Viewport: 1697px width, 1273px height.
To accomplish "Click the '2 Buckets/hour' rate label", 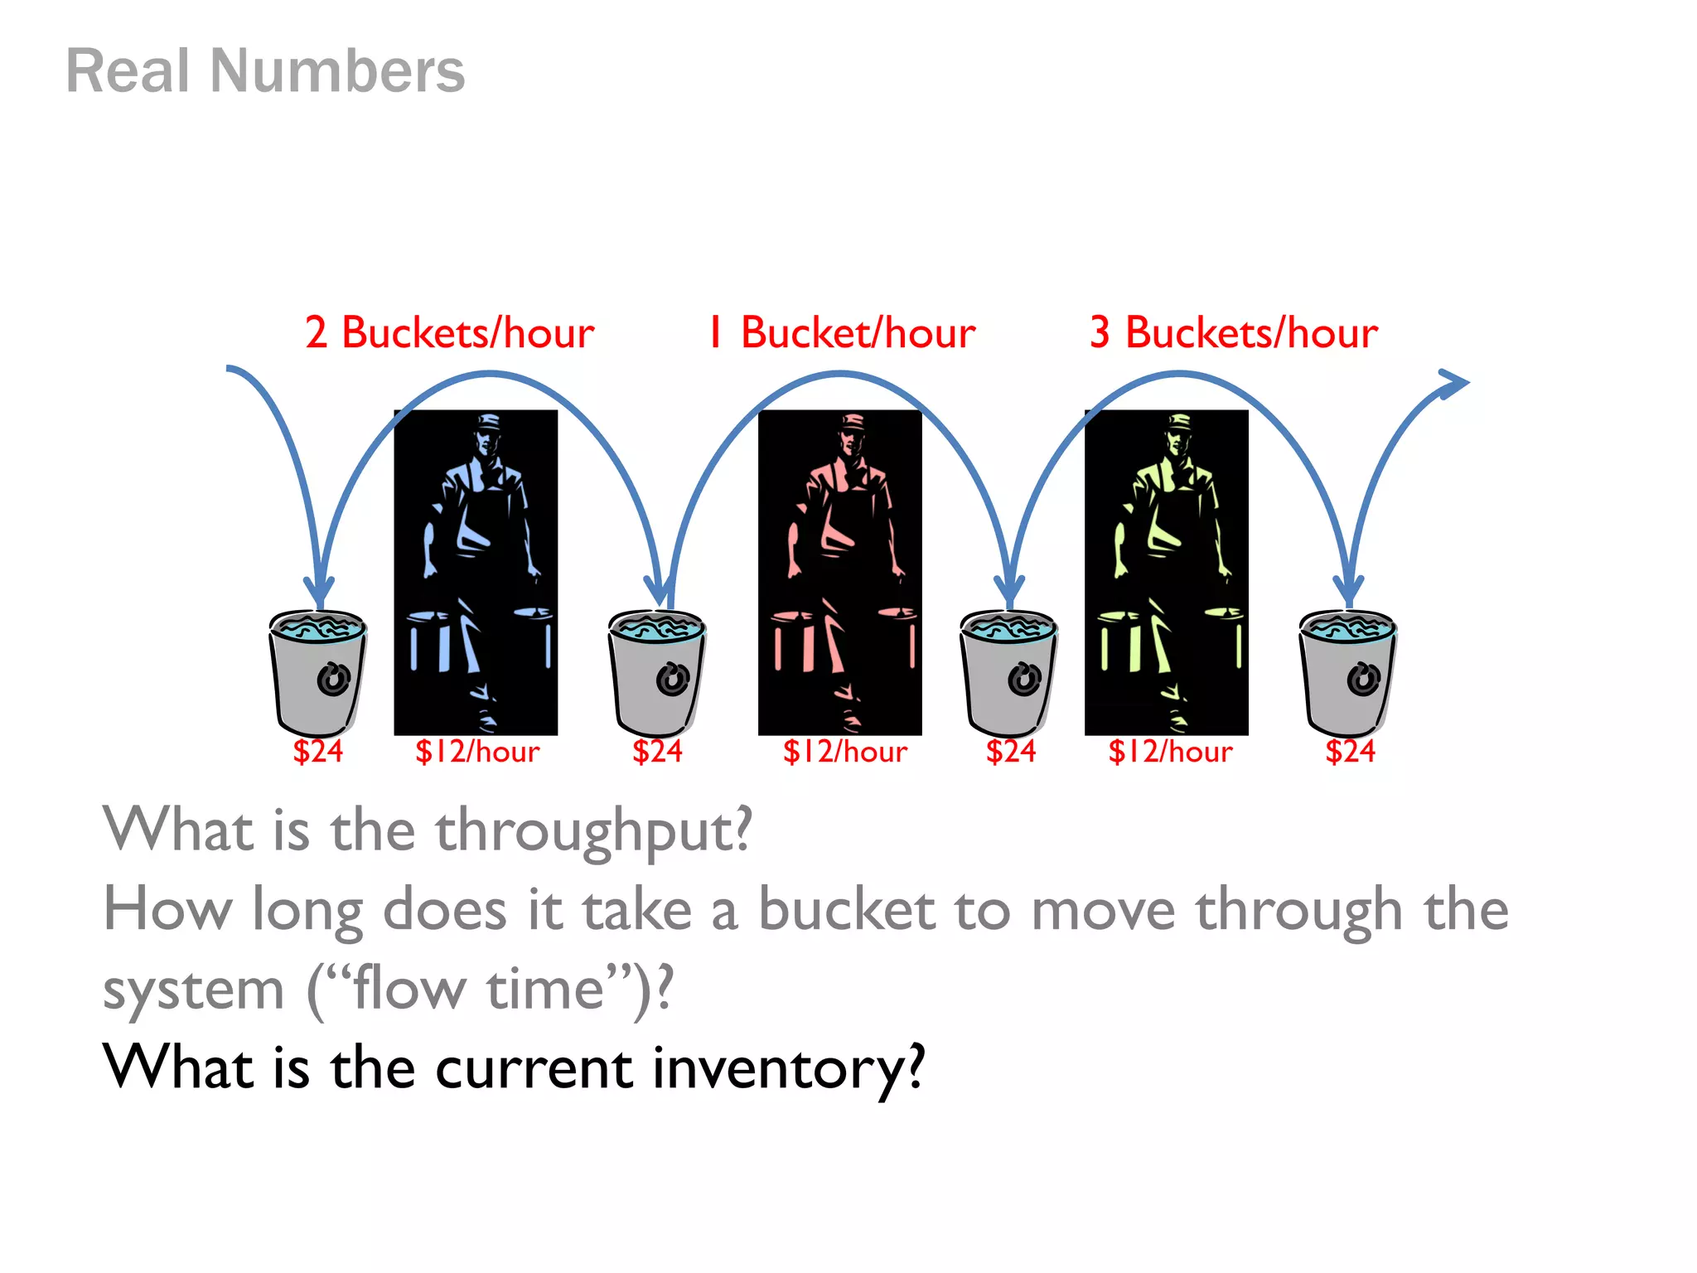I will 449,333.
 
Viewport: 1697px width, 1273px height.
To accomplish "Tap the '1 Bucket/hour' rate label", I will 841,333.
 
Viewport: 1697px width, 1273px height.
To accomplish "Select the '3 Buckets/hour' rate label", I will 1233,333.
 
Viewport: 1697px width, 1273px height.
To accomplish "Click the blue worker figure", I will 476,572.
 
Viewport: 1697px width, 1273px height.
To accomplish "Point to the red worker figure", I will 839,572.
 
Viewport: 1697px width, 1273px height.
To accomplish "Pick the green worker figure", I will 1166,572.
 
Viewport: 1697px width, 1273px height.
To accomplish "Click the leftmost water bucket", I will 317,671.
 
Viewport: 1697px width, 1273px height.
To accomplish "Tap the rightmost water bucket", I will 1347,671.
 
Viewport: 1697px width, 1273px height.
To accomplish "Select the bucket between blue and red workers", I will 657,671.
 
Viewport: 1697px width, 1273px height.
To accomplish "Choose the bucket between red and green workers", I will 1008,671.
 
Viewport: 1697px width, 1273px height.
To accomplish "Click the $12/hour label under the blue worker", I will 477,752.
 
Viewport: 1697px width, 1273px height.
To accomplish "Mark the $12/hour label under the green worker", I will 1170,752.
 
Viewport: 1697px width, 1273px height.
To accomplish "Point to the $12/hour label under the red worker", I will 844,752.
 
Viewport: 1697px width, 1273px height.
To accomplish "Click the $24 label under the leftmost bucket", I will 317,752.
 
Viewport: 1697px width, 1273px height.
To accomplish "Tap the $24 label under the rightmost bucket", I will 1350,752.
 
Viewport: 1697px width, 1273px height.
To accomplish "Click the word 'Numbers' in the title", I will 337,71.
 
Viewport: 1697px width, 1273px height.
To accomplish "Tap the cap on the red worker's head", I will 852,422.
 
